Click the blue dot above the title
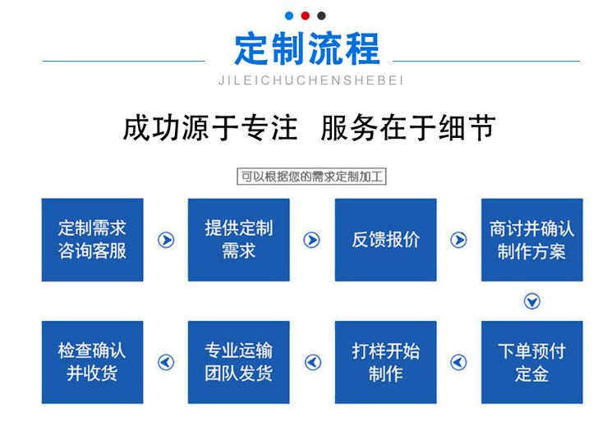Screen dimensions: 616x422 (289, 16)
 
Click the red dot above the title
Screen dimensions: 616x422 (306, 16)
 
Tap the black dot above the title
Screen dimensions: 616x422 (321, 16)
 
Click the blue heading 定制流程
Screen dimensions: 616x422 (307, 48)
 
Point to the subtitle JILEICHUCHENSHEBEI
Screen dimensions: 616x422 (310, 80)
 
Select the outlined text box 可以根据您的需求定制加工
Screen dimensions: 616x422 (311, 177)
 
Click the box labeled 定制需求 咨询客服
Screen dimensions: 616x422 (92, 240)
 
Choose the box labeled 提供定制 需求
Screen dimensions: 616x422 (238, 240)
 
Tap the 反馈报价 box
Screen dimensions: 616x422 (385, 240)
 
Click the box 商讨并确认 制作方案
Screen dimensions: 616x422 (532, 240)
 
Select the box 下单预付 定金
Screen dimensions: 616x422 (532, 362)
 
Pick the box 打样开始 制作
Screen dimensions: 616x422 (385, 362)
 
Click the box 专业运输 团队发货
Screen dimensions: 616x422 (238, 362)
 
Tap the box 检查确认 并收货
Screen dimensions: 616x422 (92, 362)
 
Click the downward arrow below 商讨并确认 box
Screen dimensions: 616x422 (532, 301)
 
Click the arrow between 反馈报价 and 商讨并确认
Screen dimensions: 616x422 (458, 240)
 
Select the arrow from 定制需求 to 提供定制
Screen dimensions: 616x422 (166, 240)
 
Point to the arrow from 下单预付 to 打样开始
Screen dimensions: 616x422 (458, 362)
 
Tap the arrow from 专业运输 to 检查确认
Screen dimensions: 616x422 (166, 362)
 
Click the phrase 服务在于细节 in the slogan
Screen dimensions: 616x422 (407, 128)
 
